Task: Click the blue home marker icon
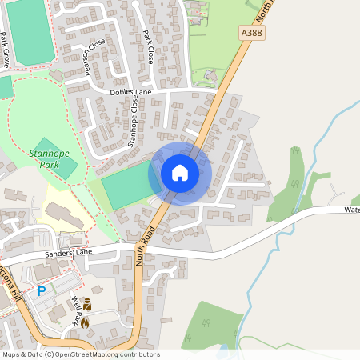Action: pyautogui.click(x=180, y=173)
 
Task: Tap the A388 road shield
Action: pyautogui.click(x=252, y=32)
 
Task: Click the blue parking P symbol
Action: pyautogui.click(x=42, y=292)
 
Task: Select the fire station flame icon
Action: pyautogui.click(x=85, y=322)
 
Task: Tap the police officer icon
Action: pyautogui.click(x=86, y=305)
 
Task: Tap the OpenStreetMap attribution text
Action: pyautogui.click(x=80, y=354)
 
